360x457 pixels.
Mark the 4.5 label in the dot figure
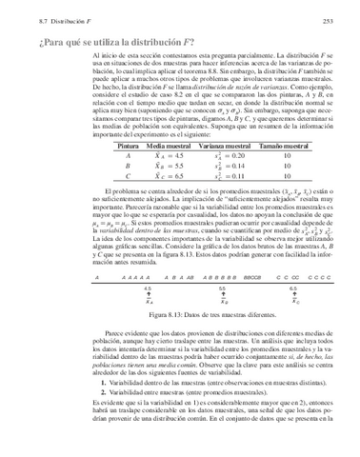(x=148, y=286)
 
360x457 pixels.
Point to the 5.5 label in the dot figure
(x=222, y=286)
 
